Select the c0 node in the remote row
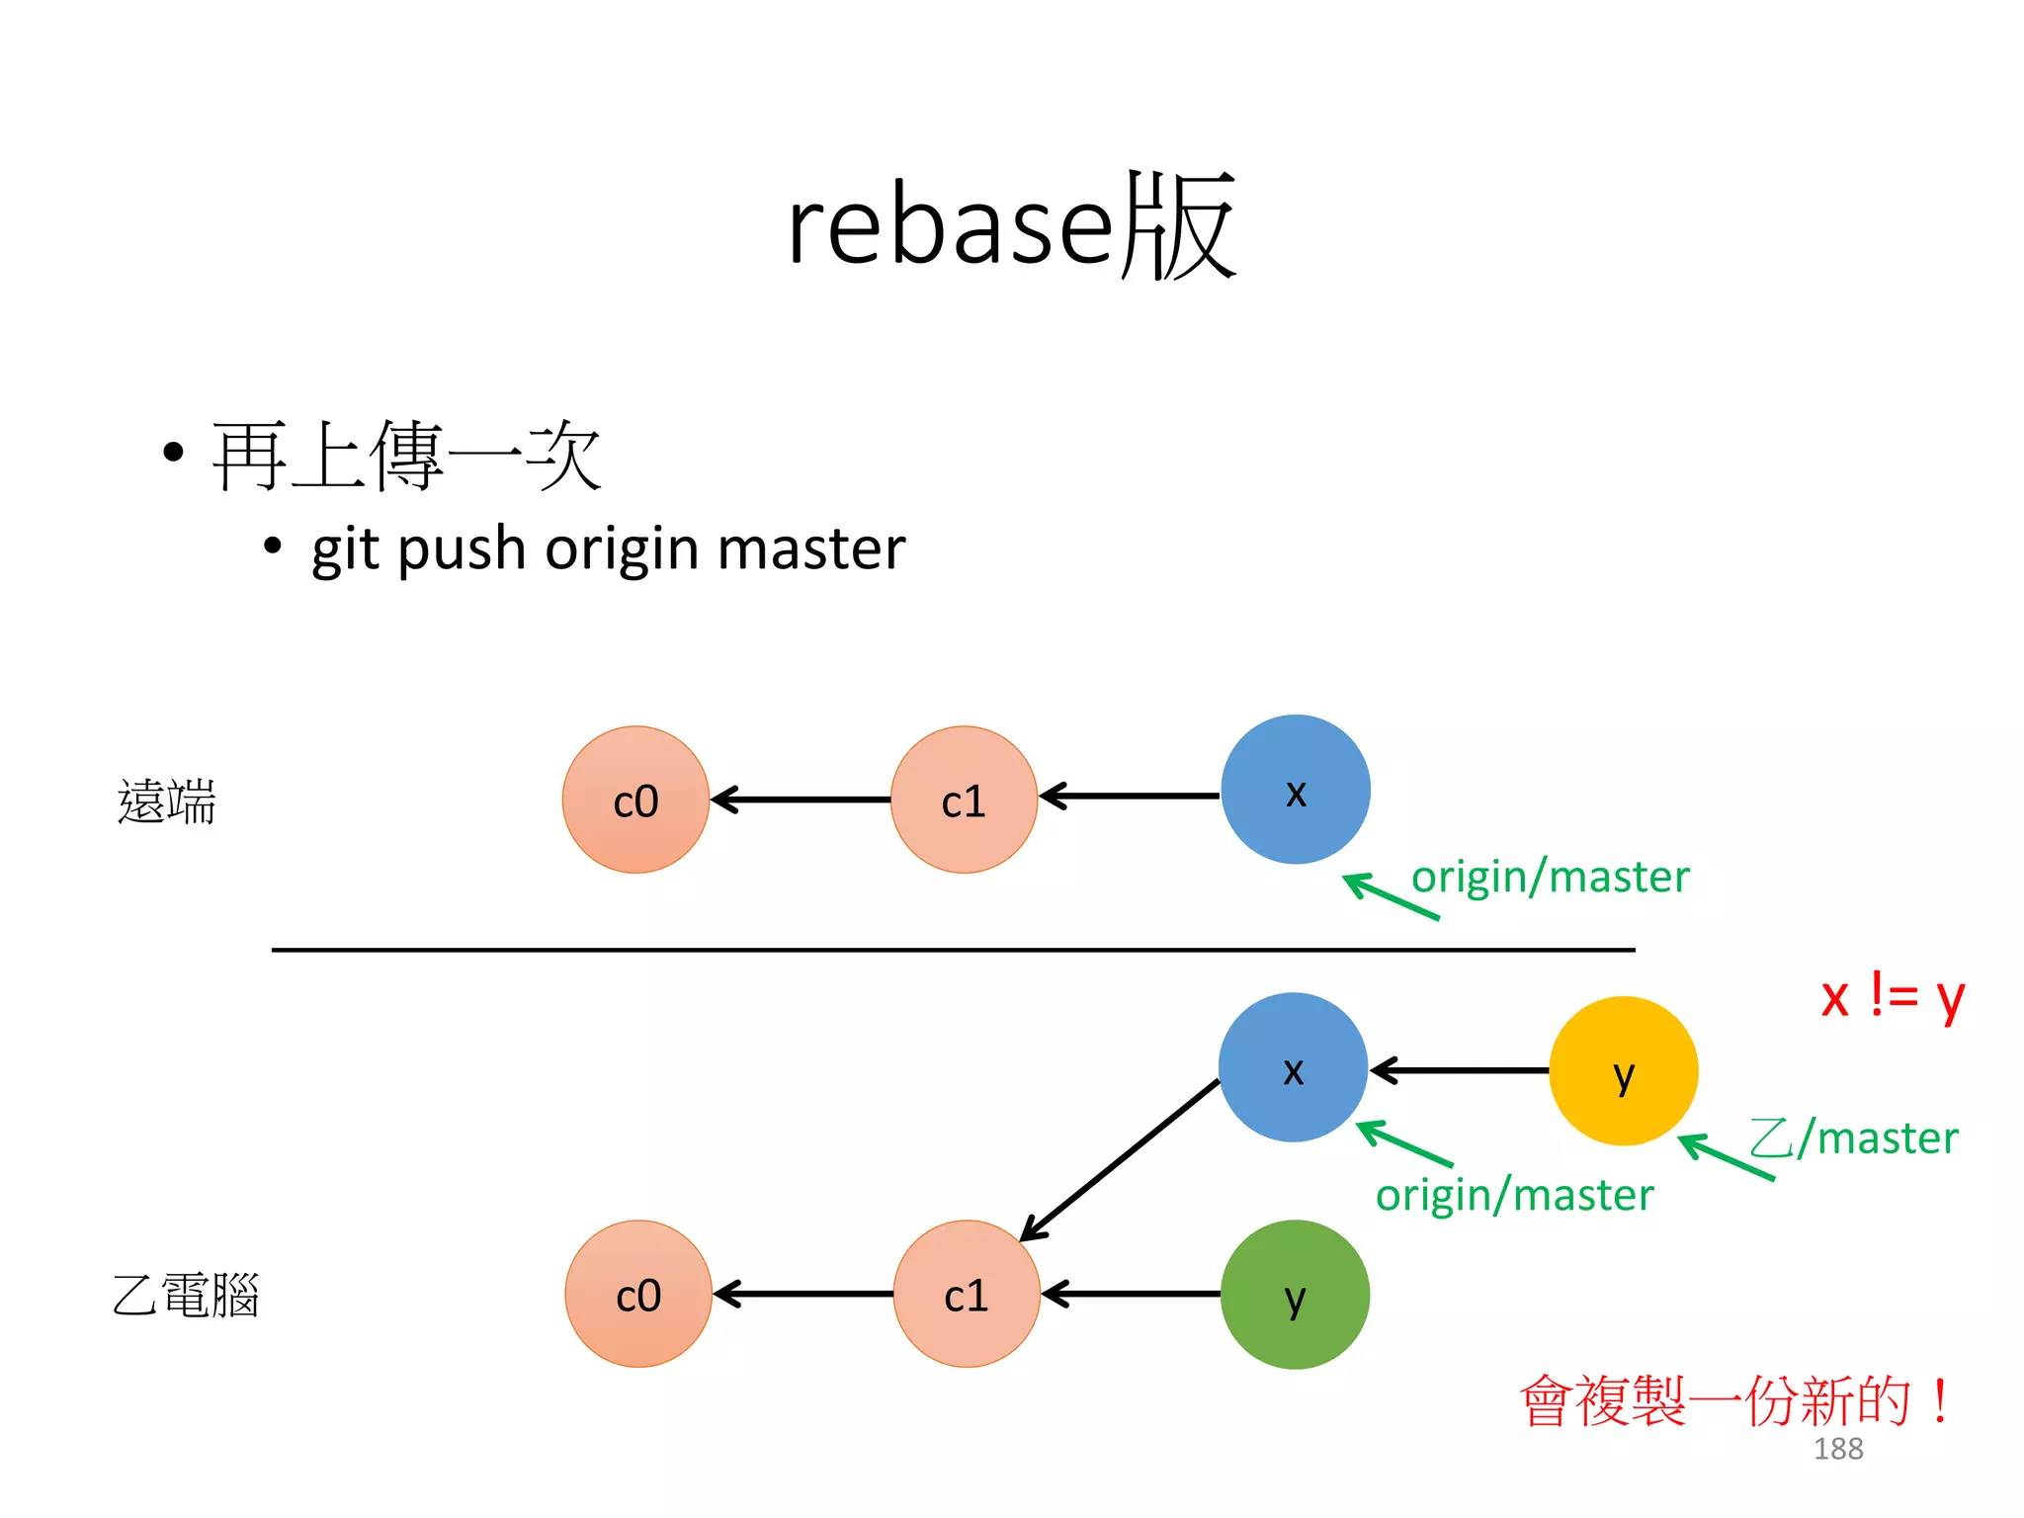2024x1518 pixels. (x=635, y=800)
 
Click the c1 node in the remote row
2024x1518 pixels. (x=964, y=800)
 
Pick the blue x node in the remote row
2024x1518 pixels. (x=1295, y=790)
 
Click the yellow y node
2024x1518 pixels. (x=1623, y=1071)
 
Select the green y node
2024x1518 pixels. (x=1295, y=1295)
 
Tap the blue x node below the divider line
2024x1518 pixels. (x=1293, y=1068)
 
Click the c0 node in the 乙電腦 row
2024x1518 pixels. (x=638, y=1295)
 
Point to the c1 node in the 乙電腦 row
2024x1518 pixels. (x=967, y=1295)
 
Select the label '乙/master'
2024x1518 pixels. (x=1854, y=1138)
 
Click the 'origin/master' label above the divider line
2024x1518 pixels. (x=1550, y=878)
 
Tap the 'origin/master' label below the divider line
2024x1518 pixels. (x=1514, y=1196)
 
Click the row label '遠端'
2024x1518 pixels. (x=166, y=801)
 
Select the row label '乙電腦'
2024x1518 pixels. (x=186, y=1295)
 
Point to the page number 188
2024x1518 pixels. (x=1837, y=1449)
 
